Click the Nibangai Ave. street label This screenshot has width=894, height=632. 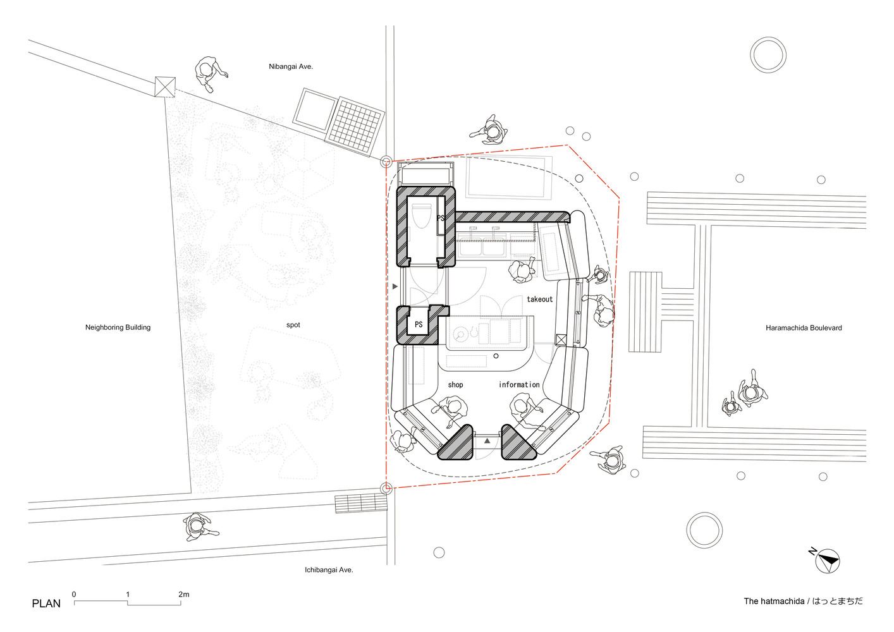tap(291, 66)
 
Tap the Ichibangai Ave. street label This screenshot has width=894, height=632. tap(329, 570)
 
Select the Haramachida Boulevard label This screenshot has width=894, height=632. tap(804, 328)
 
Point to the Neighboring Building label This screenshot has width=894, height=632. tap(118, 327)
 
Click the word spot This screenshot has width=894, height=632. tap(293, 325)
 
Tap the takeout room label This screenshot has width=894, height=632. tap(539, 299)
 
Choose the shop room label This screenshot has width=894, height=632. tap(455, 385)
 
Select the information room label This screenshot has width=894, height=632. tap(519, 385)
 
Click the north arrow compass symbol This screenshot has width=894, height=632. tap(827, 561)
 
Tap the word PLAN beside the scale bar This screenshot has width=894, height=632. tap(46, 604)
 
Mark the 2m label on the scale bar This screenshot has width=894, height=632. tap(183, 594)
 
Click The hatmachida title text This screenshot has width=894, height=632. tap(803, 601)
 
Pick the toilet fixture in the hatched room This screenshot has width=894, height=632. tap(421, 216)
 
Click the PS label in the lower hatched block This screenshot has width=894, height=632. tap(419, 324)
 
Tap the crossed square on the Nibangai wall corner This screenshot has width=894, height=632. tap(165, 87)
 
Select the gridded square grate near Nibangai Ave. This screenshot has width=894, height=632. tap(355, 126)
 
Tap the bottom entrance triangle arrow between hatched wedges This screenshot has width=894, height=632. tap(487, 441)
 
